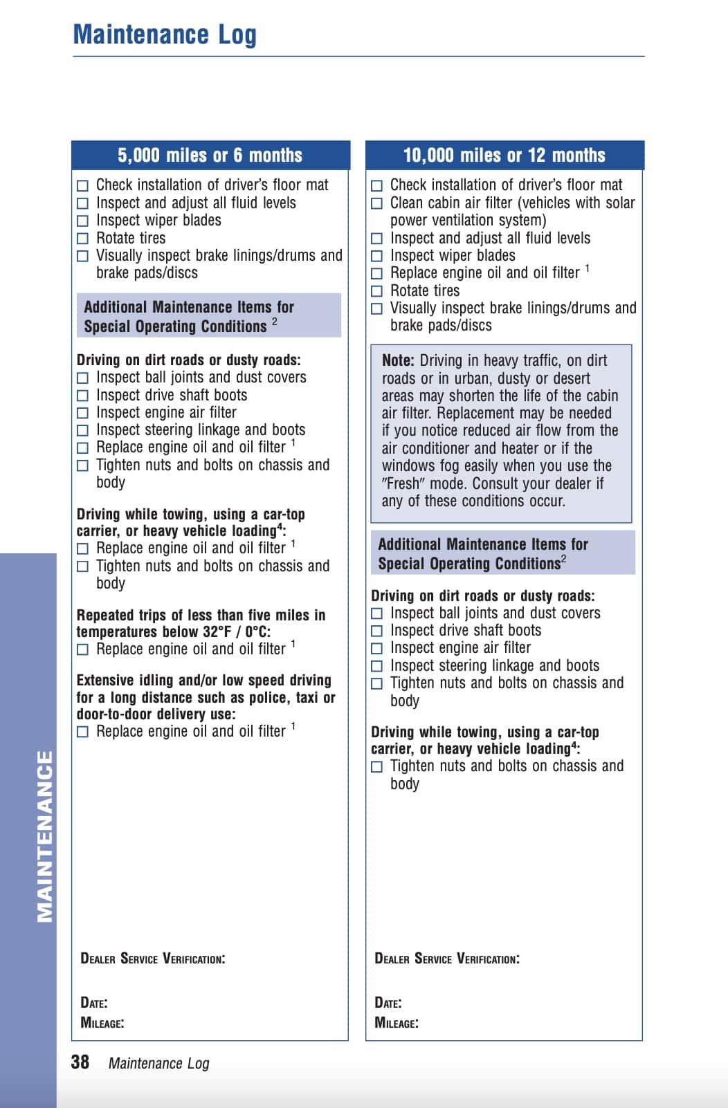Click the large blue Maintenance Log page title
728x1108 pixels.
pyautogui.click(x=165, y=35)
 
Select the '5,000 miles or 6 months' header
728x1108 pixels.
pyautogui.click(x=210, y=156)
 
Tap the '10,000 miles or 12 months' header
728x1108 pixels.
pyautogui.click(x=504, y=156)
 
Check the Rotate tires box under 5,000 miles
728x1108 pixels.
pyautogui.click(x=82, y=239)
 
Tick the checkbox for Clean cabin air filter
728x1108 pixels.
pyautogui.click(x=376, y=203)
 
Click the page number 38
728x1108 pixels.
pyautogui.click(x=80, y=1062)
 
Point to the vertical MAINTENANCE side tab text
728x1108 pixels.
pyautogui.click(x=44, y=836)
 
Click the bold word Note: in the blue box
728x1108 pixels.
pyautogui.click(x=398, y=360)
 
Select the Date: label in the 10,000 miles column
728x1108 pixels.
pyautogui.click(x=388, y=1003)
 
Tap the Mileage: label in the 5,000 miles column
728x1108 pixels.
pyautogui.click(x=102, y=1022)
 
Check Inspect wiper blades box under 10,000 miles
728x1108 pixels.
pyautogui.click(x=376, y=256)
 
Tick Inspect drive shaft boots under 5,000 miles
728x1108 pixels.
pyautogui.click(x=82, y=396)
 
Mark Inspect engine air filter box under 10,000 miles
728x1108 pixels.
pyautogui.click(x=376, y=649)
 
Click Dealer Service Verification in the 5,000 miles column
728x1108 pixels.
pyautogui.click(x=152, y=959)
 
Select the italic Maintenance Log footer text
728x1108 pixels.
pyautogui.click(x=158, y=1063)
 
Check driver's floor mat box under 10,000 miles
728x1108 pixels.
pyautogui.click(x=376, y=185)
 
